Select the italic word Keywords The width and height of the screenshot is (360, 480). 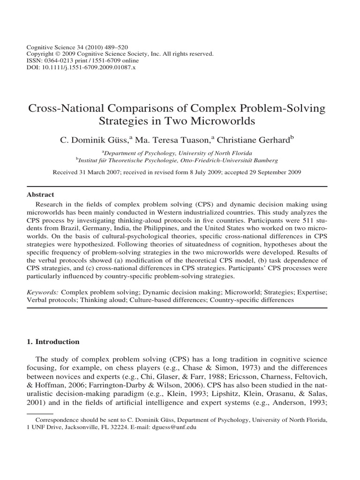click(x=44, y=291)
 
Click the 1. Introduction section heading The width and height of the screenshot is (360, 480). click(x=52, y=342)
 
